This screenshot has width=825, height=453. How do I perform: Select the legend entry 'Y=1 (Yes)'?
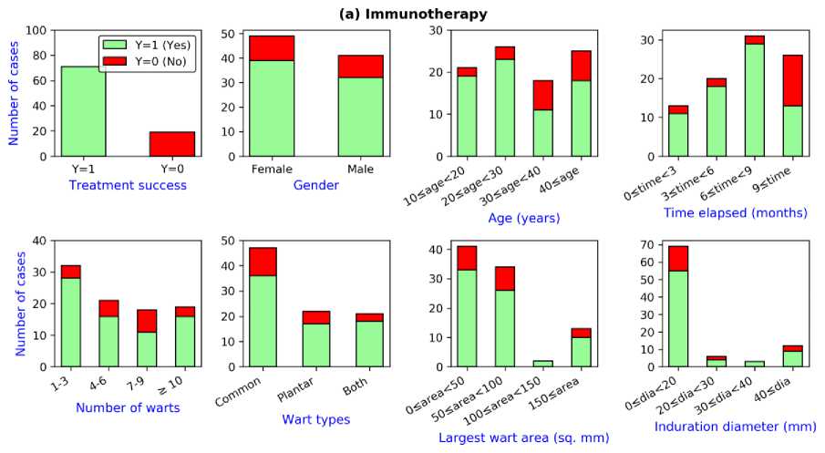146,44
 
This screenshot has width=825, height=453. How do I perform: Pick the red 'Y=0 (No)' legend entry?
146,60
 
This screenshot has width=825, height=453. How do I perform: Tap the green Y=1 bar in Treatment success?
83,111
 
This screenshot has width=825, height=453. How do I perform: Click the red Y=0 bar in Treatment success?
172,144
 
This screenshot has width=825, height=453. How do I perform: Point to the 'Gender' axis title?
316,186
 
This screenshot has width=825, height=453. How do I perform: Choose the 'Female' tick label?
272,169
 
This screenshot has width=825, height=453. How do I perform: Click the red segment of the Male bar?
360,66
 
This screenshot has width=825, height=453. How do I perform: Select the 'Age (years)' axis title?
522,219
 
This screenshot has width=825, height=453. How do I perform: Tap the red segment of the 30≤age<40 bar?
543,95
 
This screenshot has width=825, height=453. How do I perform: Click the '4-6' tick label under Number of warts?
107,385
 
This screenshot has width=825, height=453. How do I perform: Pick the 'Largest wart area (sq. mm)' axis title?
523,438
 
